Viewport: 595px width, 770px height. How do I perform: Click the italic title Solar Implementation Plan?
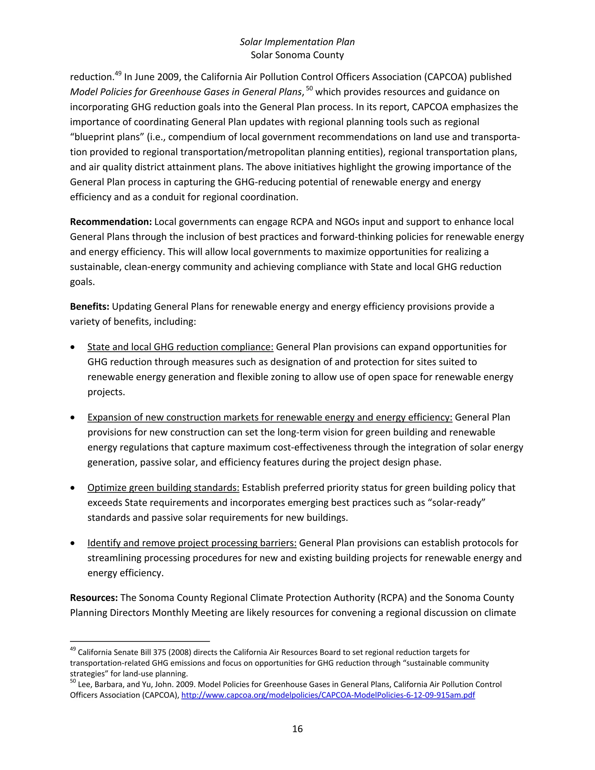[x=297, y=42]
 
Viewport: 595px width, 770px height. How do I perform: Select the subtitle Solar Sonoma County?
[x=297, y=55]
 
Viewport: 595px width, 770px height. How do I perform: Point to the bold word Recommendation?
[x=111, y=222]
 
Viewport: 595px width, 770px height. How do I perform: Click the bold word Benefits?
[x=89, y=306]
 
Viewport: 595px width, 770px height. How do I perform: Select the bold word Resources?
[x=94, y=598]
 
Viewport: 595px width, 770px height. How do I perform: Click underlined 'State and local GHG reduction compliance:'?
[x=180, y=347]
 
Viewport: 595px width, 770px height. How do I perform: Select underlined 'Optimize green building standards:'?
[x=163, y=488]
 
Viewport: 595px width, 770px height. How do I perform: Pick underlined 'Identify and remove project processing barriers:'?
[x=192, y=543]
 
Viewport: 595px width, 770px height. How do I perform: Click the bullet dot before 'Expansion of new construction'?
[x=73, y=418]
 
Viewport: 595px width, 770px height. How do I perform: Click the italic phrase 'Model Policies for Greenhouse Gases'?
[x=155, y=92]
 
